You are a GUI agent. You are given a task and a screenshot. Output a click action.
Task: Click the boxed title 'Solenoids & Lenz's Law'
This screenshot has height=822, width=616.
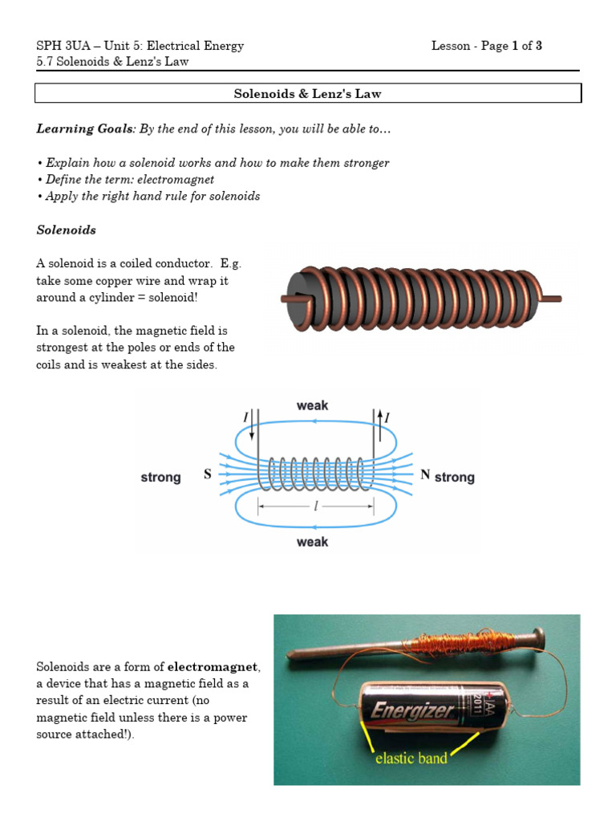pyautogui.click(x=307, y=94)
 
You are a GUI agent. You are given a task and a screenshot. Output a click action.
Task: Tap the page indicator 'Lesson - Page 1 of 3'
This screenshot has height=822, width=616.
pyautogui.click(x=486, y=46)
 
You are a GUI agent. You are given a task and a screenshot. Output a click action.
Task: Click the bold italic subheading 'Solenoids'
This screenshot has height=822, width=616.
pyautogui.click(x=66, y=230)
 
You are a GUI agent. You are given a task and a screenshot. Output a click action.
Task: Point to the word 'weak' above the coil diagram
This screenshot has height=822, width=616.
pyautogui.click(x=312, y=405)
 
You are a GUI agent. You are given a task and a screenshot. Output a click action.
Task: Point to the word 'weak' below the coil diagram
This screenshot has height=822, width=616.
pyautogui.click(x=312, y=542)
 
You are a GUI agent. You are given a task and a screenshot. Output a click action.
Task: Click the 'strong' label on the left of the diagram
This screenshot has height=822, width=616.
pyautogui.click(x=160, y=478)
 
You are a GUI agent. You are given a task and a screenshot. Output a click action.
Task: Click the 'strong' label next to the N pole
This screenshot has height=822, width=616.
pyautogui.click(x=454, y=478)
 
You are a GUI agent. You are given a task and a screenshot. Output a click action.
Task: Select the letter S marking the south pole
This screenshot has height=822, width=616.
pyautogui.click(x=208, y=474)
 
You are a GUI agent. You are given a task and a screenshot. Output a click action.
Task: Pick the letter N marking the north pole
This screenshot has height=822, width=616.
pyautogui.click(x=425, y=474)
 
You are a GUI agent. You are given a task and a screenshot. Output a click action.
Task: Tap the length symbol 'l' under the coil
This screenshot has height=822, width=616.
pyautogui.click(x=315, y=507)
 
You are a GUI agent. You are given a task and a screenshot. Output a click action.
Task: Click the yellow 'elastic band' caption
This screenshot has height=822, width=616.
pyautogui.click(x=411, y=758)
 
